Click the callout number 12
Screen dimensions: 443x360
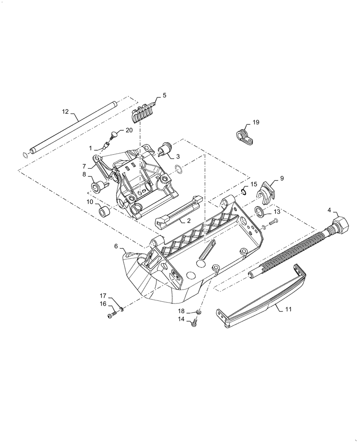coord(65,112)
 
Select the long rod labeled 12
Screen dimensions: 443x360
coord(71,128)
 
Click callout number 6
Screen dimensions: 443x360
coord(116,246)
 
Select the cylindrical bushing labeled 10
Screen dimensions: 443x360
coord(105,211)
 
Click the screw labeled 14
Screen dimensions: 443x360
coord(194,324)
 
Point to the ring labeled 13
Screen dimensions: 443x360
coord(260,212)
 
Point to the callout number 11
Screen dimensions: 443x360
coord(288,309)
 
